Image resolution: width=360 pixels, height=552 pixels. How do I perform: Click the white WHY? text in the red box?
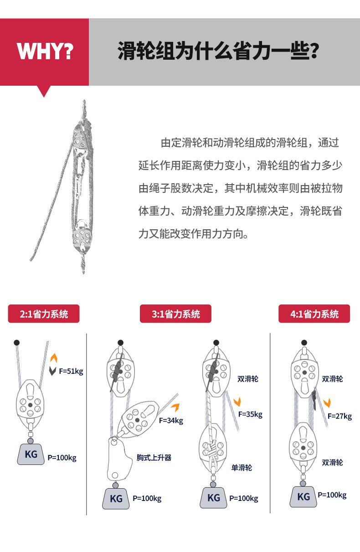point(45,51)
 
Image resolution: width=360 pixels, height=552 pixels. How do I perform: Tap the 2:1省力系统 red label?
point(44,314)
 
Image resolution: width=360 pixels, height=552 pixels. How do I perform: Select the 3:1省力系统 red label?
point(175,314)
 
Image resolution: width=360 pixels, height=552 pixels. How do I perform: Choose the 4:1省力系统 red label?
point(314,314)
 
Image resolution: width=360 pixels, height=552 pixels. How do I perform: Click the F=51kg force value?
point(71,371)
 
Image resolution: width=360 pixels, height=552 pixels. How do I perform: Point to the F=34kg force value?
point(171,420)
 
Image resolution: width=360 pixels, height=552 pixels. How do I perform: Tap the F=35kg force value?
point(250,414)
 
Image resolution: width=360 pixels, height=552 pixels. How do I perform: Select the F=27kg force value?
point(339,416)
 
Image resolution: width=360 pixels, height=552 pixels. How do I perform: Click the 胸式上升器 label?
point(154,458)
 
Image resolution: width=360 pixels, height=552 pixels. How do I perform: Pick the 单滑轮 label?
point(242,468)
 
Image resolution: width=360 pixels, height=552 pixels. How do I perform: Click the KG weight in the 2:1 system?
point(31,454)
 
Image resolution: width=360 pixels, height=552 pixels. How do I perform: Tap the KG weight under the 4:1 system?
point(303,496)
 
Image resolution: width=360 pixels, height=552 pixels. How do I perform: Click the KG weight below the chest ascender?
point(116,498)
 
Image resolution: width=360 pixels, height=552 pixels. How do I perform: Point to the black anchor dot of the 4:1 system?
point(304,342)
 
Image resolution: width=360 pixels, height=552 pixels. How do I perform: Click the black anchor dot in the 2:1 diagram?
point(17,342)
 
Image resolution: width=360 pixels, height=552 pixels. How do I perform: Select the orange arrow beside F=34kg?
point(176,408)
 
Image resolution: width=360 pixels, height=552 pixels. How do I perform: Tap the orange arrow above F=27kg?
point(327,402)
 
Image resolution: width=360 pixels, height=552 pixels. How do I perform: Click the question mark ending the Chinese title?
point(314,51)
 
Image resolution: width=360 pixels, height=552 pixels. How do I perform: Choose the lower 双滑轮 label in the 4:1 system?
point(332,463)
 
